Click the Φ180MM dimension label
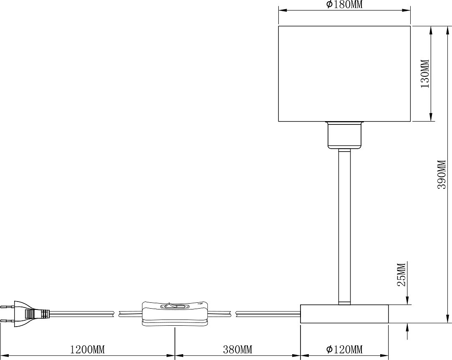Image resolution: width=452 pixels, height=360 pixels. [344, 4]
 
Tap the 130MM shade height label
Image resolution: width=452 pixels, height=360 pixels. [425, 74]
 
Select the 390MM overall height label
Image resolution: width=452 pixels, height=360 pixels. [442, 175]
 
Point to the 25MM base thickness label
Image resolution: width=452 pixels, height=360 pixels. [401, 274]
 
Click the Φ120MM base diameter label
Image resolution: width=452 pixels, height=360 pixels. [344, 349]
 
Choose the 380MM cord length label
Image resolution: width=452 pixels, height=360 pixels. [237, 350]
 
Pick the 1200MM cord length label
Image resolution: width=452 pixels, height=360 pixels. [88, 350]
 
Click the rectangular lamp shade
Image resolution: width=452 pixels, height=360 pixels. [344, 74]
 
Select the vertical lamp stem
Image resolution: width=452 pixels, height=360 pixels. [344, 227]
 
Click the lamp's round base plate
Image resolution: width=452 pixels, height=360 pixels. [344, 314]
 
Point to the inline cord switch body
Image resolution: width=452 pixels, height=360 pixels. [175, 314]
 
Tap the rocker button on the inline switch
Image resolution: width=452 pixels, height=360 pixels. [175, 305]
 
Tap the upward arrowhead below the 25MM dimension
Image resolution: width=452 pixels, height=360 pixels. [407, 328]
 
